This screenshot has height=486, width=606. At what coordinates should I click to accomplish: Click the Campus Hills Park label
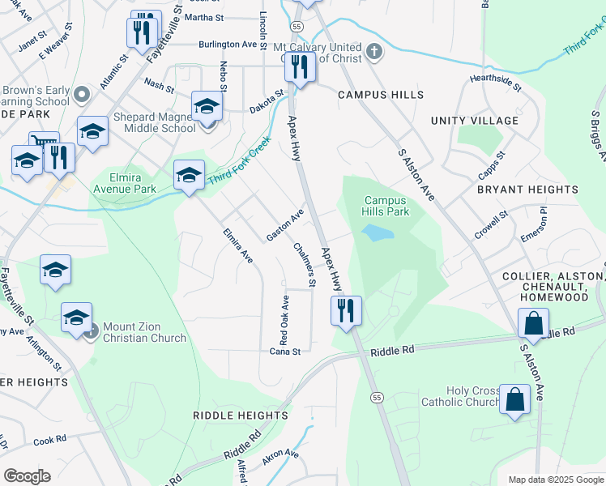coord(386,206)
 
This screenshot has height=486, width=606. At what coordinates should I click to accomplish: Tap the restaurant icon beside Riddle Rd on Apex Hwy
coord(346,310)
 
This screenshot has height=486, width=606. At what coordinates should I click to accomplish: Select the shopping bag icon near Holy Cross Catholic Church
coord(515,399)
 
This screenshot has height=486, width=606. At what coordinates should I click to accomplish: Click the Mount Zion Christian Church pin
coord(91,329)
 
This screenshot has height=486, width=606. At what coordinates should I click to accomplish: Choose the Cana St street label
coord(284,352)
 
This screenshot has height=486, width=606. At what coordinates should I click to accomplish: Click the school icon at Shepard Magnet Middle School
coord(207,107)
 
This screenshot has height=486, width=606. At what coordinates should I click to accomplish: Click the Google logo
coord(28,475)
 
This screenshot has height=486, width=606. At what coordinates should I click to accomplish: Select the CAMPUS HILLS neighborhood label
coord(381,95)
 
